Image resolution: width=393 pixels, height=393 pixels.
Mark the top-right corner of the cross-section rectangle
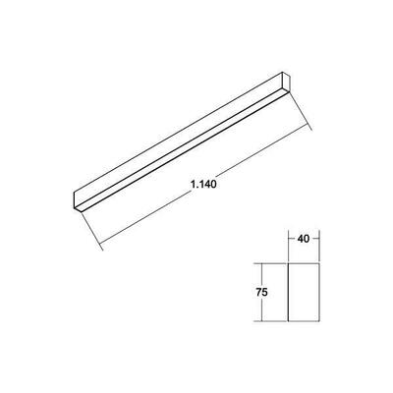[320, 262]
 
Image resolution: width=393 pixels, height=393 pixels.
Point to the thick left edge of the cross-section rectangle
[287, 293]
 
